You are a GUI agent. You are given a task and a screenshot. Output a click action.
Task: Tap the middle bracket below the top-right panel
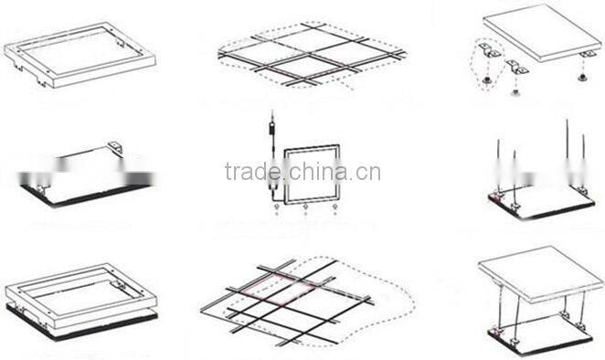516,67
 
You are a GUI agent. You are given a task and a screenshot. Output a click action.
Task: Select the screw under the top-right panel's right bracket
583,77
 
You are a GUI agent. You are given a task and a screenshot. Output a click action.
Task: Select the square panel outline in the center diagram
312,175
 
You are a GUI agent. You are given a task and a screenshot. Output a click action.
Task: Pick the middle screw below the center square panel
305,208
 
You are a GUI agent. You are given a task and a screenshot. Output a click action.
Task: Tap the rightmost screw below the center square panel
335,208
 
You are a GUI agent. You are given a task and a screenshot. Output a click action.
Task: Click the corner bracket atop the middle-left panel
116,146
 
